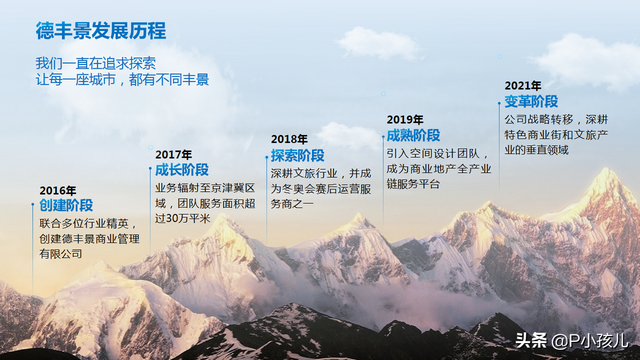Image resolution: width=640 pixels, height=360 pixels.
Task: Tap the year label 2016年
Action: click(58, 190)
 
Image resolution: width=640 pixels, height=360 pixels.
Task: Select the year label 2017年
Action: click(174, 154)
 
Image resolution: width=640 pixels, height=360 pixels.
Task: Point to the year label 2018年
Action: click(290, 139)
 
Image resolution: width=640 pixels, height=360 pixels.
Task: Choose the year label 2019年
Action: click(405, 119)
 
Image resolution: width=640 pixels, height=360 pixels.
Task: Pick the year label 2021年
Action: click(523, 85)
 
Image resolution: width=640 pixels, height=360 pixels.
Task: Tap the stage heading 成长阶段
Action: click(182, 170)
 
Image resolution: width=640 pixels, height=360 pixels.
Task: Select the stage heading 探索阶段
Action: click(298, 155)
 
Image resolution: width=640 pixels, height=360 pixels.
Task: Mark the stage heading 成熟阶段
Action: click(413, 135)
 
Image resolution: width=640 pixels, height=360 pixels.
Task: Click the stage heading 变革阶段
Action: click(531, 101)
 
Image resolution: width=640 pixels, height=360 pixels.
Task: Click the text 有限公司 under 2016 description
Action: click(61, 255)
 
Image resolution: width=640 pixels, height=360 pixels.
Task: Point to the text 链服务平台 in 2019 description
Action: click(413, 185)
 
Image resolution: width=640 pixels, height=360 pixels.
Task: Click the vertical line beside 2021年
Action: click(499, 130)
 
